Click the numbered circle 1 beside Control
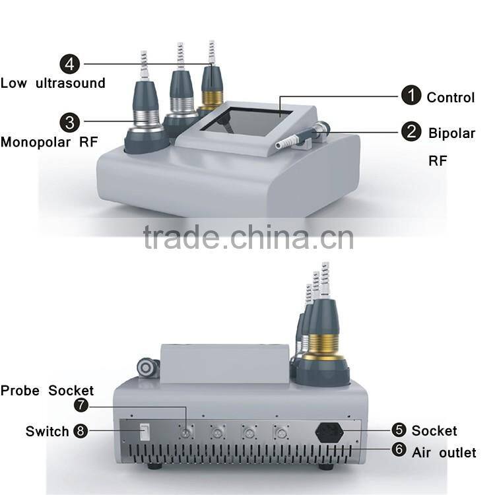(x=411, y=96)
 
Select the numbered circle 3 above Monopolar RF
(x=69, y=121)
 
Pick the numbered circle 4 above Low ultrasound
(x=69, y=64)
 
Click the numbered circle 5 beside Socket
(x=398, y=430)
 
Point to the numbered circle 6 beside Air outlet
(x=398, y=451)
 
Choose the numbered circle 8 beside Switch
(x=81, y=431)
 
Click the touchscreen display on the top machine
(x=247, y=123)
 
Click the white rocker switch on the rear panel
(x=144, y=432)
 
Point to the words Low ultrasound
(x=53, y=83)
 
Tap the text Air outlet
(x=444, y=453)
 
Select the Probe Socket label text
(x=47, y=391)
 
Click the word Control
(x=450, y=98)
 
